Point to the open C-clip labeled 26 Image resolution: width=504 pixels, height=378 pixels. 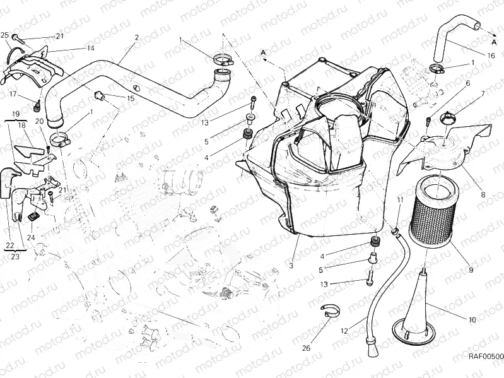pos(330,310)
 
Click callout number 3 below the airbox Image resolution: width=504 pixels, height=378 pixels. pos(291,266)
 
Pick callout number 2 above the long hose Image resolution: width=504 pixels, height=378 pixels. pos(137,37)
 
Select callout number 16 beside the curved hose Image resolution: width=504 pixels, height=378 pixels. pos(491,56)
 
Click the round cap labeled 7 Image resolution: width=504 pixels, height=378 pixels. pos(447,118)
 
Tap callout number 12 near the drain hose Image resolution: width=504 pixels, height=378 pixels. pos(344,331)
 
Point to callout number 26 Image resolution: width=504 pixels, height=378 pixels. pos(307,348)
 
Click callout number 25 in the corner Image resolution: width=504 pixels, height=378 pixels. pos(4,35)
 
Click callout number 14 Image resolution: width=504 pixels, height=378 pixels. pos(90,48)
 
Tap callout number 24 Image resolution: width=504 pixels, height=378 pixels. pos(31,237)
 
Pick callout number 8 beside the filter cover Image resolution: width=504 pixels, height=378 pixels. pos(483,194)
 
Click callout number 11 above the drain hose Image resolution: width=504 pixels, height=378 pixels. pos(399,200)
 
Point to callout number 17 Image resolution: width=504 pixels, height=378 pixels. pos(13,94)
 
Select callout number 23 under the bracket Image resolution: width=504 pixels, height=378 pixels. pos(15,256)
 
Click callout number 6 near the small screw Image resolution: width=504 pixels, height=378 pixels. pos(467,83)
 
